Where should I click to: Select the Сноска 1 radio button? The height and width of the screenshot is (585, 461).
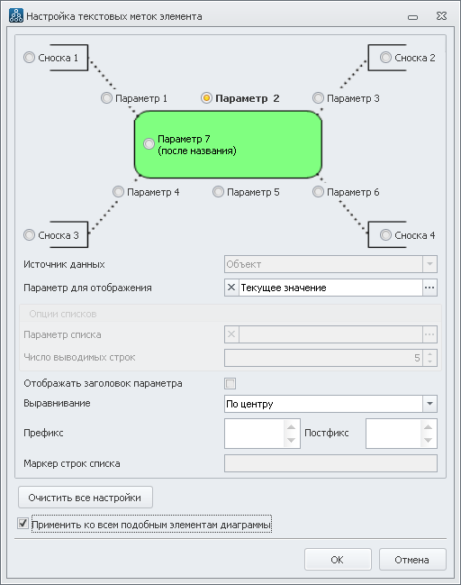pos(29,58)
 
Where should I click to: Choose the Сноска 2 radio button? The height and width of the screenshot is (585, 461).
pos(385,58)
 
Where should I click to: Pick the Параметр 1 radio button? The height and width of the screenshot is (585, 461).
pos(106,98)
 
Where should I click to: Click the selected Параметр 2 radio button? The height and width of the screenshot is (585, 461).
pos(206,98)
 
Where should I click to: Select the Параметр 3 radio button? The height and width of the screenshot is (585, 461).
pos(318,98)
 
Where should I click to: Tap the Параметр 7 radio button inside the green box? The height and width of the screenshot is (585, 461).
pos(149,143)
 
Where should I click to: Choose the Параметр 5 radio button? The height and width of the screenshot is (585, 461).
pos(218,192)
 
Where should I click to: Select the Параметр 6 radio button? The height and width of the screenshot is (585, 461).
pos(318,192)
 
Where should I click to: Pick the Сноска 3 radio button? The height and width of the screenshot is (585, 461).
pos(29,235)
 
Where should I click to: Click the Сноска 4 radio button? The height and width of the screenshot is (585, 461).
pos(385,235)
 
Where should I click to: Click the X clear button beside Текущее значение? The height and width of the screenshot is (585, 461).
pos(231,288)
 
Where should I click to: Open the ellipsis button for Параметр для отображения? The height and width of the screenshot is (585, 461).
pos(429,288)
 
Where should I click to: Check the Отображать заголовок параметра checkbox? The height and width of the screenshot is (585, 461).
pos(230,383)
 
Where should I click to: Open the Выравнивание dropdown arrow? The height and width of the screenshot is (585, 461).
pos(429,404)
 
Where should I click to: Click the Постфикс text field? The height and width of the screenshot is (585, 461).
pos(393,434)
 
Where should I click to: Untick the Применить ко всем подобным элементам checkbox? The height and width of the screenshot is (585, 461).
pos(23,524)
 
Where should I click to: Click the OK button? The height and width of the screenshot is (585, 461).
pos(338,560)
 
